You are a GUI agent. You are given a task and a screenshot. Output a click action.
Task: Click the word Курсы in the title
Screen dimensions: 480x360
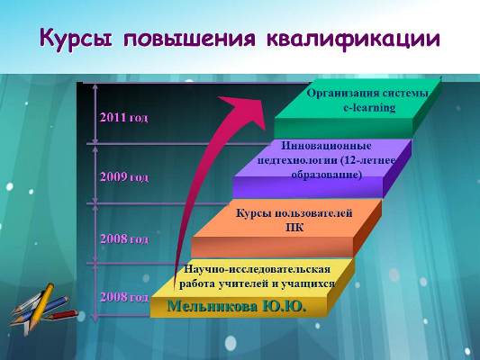[76, 40]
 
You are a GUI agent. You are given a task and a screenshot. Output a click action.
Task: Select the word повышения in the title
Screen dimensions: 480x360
[189, 39]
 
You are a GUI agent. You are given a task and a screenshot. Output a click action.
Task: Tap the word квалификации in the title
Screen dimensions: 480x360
[353, 40]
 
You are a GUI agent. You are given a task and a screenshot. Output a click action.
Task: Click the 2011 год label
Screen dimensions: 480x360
[124, 118]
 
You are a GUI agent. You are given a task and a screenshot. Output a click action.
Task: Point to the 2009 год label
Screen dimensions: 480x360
[124, 177]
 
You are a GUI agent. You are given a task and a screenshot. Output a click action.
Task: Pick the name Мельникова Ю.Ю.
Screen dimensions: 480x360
[237, 306]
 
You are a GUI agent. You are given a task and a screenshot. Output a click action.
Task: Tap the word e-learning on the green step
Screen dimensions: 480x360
[369, 108]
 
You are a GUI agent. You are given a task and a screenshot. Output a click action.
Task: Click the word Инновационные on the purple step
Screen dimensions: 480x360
[326, 146]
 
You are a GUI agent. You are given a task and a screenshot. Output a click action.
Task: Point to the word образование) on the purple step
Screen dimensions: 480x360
[327, 175]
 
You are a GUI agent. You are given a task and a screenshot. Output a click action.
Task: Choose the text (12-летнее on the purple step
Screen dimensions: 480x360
[367, 160]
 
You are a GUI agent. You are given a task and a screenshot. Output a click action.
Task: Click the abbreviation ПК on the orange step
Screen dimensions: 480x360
[294, 228]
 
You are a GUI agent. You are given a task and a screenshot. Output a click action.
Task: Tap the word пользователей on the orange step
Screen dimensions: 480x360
[313, 213]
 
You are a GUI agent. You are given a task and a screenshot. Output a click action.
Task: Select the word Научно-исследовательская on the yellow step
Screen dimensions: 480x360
[258, 269]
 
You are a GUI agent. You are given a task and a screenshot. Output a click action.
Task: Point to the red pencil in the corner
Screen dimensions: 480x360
[63, 314]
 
